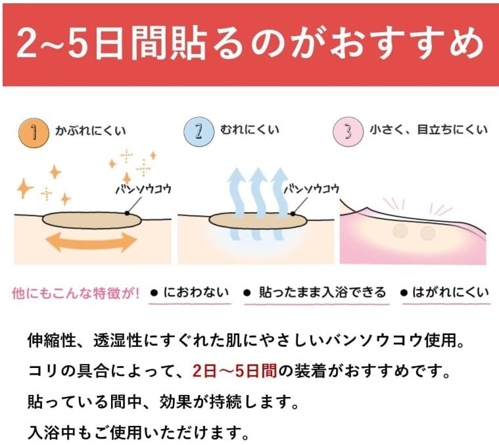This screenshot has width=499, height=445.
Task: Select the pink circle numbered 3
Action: [x=348, y=130]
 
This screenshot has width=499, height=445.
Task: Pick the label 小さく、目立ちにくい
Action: [x=427, y=130]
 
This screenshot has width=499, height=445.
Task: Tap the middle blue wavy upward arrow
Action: [x=259, y=192]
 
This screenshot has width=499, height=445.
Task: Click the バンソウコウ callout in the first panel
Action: [x=143, y=189]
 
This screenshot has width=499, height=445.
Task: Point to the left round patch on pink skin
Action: [x=400, y=232]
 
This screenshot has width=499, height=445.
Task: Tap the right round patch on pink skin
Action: [x=428, y=232]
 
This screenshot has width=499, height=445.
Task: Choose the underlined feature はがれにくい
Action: [x=449, y=292]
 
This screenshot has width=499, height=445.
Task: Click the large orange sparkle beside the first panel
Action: [x=24, y=189]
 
